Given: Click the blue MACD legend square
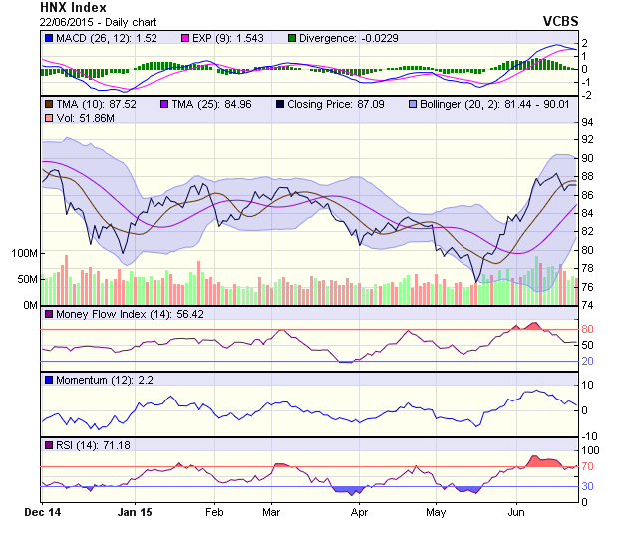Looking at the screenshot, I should (49, 38).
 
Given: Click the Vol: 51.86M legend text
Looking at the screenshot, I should (84, 119).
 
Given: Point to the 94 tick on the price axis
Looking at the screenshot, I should (588, 122).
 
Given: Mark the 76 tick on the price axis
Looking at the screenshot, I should (588, 287).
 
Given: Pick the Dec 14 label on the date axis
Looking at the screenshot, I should (42, 512).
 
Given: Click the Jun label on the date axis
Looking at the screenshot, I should (517, 512).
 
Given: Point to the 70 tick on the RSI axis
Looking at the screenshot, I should (588, 466).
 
